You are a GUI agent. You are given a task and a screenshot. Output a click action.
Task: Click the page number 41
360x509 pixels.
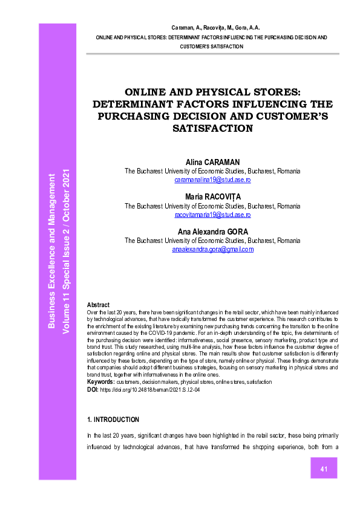(324, 469)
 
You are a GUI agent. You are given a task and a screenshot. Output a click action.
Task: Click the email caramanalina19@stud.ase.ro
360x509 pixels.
(212, 180)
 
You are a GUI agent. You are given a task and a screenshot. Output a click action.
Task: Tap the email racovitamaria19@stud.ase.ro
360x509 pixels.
(212, 215)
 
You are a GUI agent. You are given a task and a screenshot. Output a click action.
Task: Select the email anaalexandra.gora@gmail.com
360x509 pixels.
(212, 249)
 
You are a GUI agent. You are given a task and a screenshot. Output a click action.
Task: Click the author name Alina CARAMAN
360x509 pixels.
(212, 163)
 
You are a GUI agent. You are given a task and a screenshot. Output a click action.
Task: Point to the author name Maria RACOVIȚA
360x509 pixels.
(212, 197)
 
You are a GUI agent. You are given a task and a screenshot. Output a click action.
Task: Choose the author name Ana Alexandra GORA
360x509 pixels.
(212, 232)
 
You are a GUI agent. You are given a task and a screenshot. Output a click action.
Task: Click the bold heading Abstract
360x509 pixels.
(99, 305)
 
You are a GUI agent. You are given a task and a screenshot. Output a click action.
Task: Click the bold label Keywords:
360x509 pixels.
(100, 382)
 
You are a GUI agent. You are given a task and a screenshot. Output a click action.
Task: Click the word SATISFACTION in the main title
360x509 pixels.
(212, 128)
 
